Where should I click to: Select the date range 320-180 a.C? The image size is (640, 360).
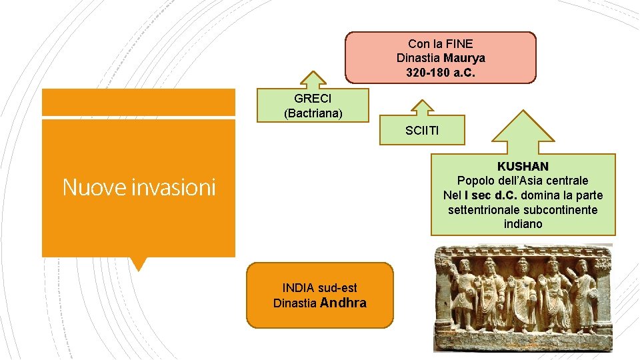(440, 71)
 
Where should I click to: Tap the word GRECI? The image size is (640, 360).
(313, 99)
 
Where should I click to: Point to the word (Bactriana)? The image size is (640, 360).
(313, 113)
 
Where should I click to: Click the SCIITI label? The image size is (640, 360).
(422, 131)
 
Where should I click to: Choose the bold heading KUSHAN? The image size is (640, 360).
(523, 165)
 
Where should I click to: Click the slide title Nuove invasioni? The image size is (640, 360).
(139, 188)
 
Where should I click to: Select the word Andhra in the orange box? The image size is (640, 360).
(343, 303)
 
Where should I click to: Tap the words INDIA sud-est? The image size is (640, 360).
(319, 288)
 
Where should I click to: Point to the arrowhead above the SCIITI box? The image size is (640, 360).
(421, 107)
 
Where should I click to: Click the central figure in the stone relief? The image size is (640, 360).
(521, 293)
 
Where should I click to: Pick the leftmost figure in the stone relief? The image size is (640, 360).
(465, 293)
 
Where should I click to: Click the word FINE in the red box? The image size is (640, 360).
(458, 43)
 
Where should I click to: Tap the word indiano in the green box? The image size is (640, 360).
(523, 224)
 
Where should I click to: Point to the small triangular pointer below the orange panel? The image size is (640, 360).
(138, 264)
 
